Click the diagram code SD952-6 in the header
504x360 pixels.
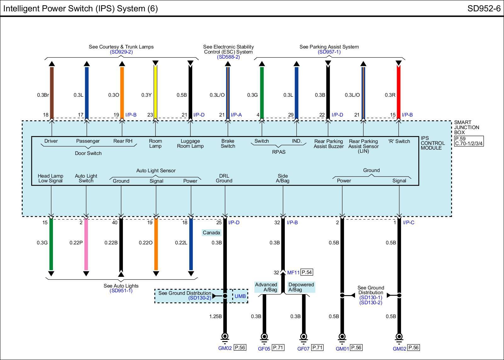coord(484,9)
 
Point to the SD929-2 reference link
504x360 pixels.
coord(121,52)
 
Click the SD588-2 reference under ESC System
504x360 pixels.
coord(228,57)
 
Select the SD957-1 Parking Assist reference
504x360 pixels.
coord(329,52)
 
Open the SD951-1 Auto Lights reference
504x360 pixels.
coord(121,291)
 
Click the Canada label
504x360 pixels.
coord(211,233)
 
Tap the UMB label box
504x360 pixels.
coord(240,296)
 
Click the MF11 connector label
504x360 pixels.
coord(293,272)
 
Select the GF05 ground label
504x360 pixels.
coord(264,349)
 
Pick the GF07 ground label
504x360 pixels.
coord(303,349)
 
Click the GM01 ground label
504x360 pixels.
coord(342,348)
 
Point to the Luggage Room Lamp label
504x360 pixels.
coord(190,144)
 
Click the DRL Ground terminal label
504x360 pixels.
coord(224,178)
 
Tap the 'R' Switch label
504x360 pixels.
coord(399,141)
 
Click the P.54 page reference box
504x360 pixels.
coord(307,272)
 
